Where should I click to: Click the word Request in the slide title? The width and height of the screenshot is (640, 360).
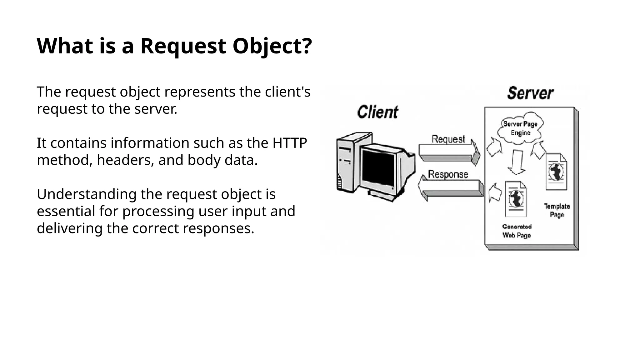[x=183, y=46]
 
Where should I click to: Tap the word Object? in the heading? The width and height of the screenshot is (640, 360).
[x=272, y=46]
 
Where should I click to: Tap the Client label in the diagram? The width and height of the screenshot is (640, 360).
[x=377, y=112]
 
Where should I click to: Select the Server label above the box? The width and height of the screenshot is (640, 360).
[x=530, y=93]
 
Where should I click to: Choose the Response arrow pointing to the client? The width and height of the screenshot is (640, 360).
[x=450, y=187]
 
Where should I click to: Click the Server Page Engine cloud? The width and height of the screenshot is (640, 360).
[x=520, y=128]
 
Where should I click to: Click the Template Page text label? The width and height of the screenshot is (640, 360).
[x=557, y=210]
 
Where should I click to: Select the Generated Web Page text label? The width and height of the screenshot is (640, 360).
[x=517, y=231]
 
